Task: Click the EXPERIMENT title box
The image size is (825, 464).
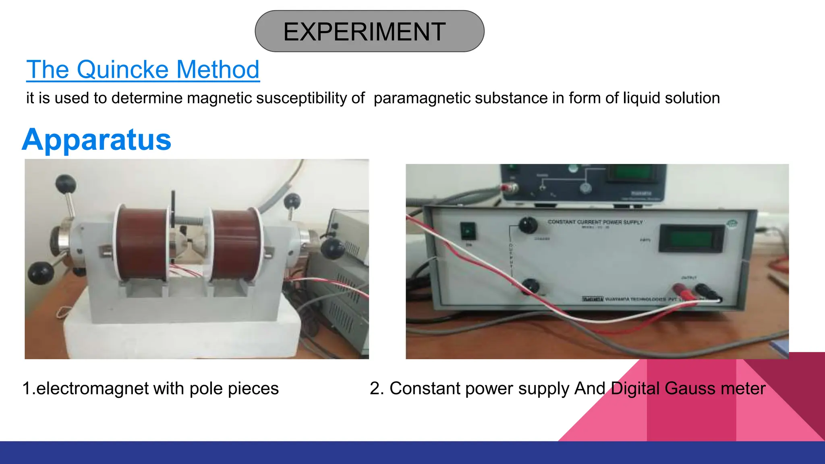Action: pyautogui.click(x=369, y=31)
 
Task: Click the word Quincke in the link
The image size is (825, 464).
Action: pyautogui.click(x=122, y=69)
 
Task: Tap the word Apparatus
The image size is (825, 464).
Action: pyautogui.click(x=97, y=139)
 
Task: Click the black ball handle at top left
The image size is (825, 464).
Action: pyautogui.click(x=65, y=184)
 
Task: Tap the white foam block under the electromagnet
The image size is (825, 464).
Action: pyautogui.click(x=181, y=334)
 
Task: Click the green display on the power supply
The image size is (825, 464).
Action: pyautogui.click(x=691, y=238)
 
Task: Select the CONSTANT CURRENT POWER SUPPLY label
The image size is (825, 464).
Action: pyautogui.click(x=595, y=222)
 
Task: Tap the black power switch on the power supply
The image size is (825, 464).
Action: pyautogui.click(x=468, y=231)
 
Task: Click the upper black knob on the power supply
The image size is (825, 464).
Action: pyautogui.click(x=528, y=225)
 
